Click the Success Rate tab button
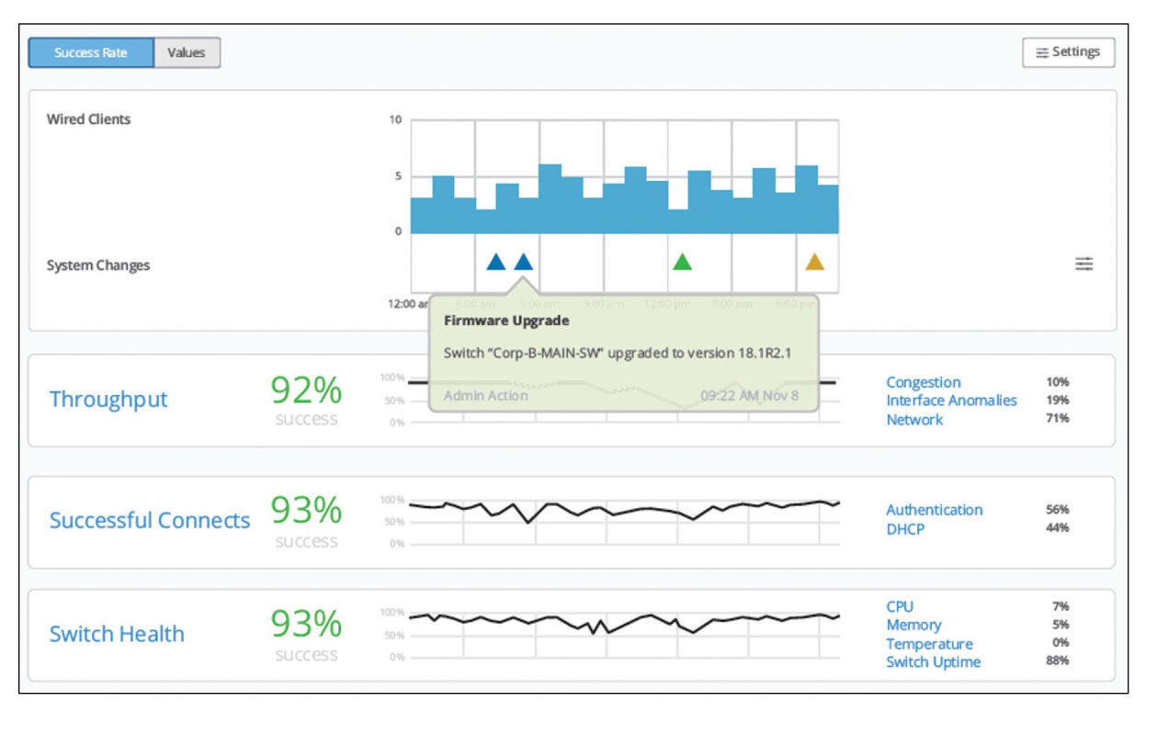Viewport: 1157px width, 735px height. [91, 52]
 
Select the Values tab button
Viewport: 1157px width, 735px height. [187, 52]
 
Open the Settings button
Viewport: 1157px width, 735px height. [1068, 52]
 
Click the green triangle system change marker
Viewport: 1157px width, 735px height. [682, 262]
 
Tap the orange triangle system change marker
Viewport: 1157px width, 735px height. [814, 262]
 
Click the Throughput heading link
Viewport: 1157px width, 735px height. [108, 400]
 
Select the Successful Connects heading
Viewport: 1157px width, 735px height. [150, 520]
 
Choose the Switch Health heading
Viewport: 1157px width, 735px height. [117, 634]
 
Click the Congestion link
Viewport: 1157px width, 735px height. [923, 382]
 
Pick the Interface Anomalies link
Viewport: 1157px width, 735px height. [951, 401]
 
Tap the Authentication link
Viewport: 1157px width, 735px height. [934, 510]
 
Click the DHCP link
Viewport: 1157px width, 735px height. [905, 529]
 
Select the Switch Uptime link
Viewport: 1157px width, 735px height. [933, 662]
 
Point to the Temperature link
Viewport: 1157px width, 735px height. [929, 644]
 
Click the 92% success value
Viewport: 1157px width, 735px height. [306, 391]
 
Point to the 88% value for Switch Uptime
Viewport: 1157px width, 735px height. [1058, 661]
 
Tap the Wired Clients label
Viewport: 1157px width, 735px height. [89, 119]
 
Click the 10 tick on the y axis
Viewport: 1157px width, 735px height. [395, 120]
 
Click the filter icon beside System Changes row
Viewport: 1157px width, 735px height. [1084, 265]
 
